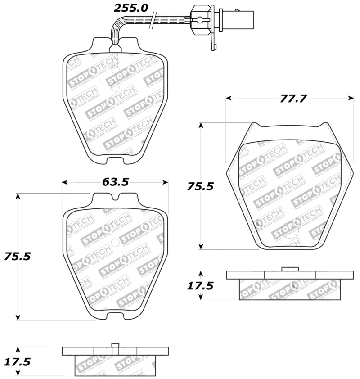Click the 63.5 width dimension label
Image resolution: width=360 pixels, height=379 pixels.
coord(115,182)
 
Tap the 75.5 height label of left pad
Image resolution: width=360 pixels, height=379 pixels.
coord(17,256)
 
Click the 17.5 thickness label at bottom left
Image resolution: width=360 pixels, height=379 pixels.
coord(17,361)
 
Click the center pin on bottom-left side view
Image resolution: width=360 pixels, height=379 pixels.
coord(115,346)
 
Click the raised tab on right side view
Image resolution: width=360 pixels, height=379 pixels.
coord(290,269)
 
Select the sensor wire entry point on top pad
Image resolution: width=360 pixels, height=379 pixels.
coord(115,45)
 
